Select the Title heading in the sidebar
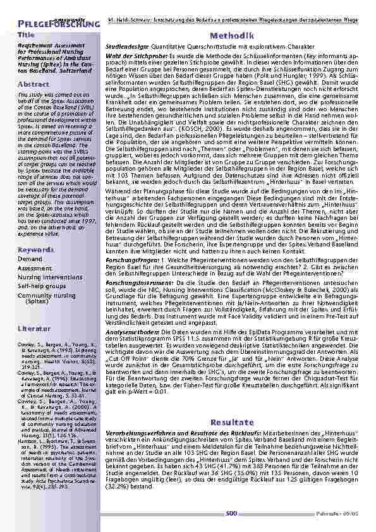[27, 35]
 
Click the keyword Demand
[30, 259]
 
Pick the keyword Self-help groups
[44, 286]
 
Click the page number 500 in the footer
[230, 514]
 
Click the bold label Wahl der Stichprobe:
[135, 56]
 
